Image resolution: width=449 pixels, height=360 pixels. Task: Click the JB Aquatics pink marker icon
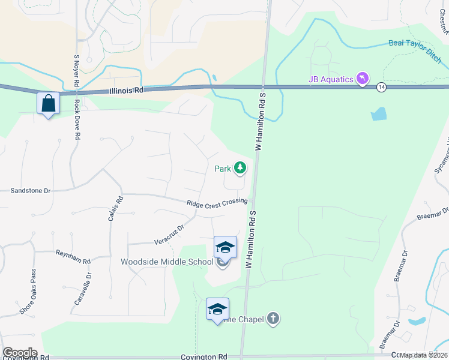362,79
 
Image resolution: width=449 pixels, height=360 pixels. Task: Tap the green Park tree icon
240,168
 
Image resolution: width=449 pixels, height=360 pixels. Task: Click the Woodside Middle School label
167,262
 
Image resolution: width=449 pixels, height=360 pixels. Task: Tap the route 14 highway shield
381,88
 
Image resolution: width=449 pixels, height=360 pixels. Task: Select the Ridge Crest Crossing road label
217,203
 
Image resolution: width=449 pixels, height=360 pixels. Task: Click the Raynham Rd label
73,257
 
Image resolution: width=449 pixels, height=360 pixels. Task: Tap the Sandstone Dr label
31,190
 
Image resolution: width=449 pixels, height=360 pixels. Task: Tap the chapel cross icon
273,318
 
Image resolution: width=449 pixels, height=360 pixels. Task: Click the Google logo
20,353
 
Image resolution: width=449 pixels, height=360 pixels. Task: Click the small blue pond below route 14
378,114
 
